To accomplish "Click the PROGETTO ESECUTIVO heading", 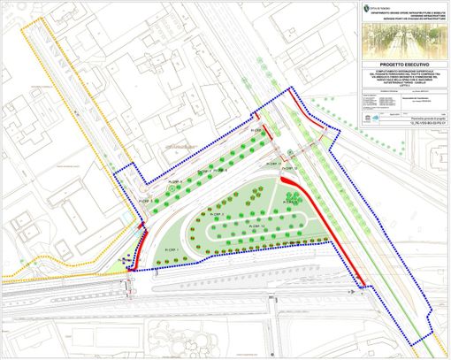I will pos(390,65).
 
